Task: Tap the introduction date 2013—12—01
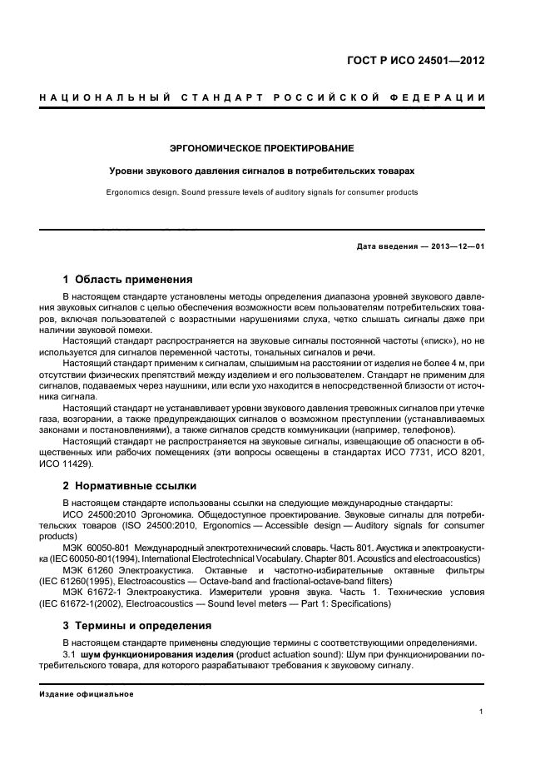453,247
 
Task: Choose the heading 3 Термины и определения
137,625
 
